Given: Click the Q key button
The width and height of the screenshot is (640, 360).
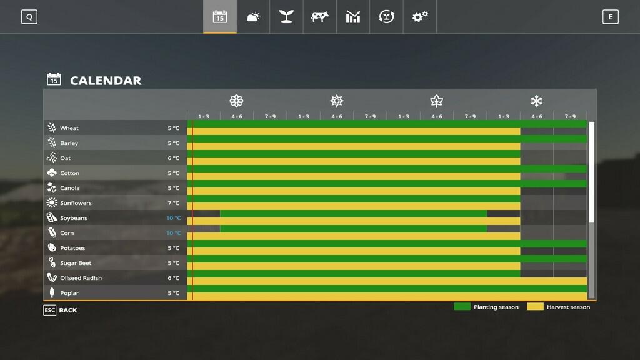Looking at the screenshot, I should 29,17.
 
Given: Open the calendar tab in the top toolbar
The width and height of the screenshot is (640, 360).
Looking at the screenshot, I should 220,17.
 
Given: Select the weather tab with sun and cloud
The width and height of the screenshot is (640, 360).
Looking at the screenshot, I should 253,17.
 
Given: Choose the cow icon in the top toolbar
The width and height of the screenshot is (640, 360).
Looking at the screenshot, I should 319,17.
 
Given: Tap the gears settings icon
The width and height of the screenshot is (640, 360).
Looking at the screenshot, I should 419,17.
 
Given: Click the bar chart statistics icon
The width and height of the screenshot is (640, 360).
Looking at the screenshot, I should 353,17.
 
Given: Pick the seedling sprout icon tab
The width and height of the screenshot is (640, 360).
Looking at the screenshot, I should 286,17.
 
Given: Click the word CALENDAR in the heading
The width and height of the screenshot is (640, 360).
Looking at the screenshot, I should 106,81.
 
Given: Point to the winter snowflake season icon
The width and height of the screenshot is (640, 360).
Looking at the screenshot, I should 536,101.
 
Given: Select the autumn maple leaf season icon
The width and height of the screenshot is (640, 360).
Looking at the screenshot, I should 436,101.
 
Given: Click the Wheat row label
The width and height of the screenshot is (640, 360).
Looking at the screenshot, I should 69,128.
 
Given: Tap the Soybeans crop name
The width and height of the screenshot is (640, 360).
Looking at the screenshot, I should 74,218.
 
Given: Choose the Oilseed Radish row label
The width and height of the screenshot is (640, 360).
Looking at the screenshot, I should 81,278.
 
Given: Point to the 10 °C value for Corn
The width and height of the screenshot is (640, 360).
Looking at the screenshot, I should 173,233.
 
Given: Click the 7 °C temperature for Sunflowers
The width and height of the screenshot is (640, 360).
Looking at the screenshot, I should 173,203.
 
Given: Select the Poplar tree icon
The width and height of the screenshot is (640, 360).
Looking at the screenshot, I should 52,293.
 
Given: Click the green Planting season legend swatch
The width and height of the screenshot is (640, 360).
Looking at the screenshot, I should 462,307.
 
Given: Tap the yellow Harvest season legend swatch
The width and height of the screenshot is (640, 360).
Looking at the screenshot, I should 535,307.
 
